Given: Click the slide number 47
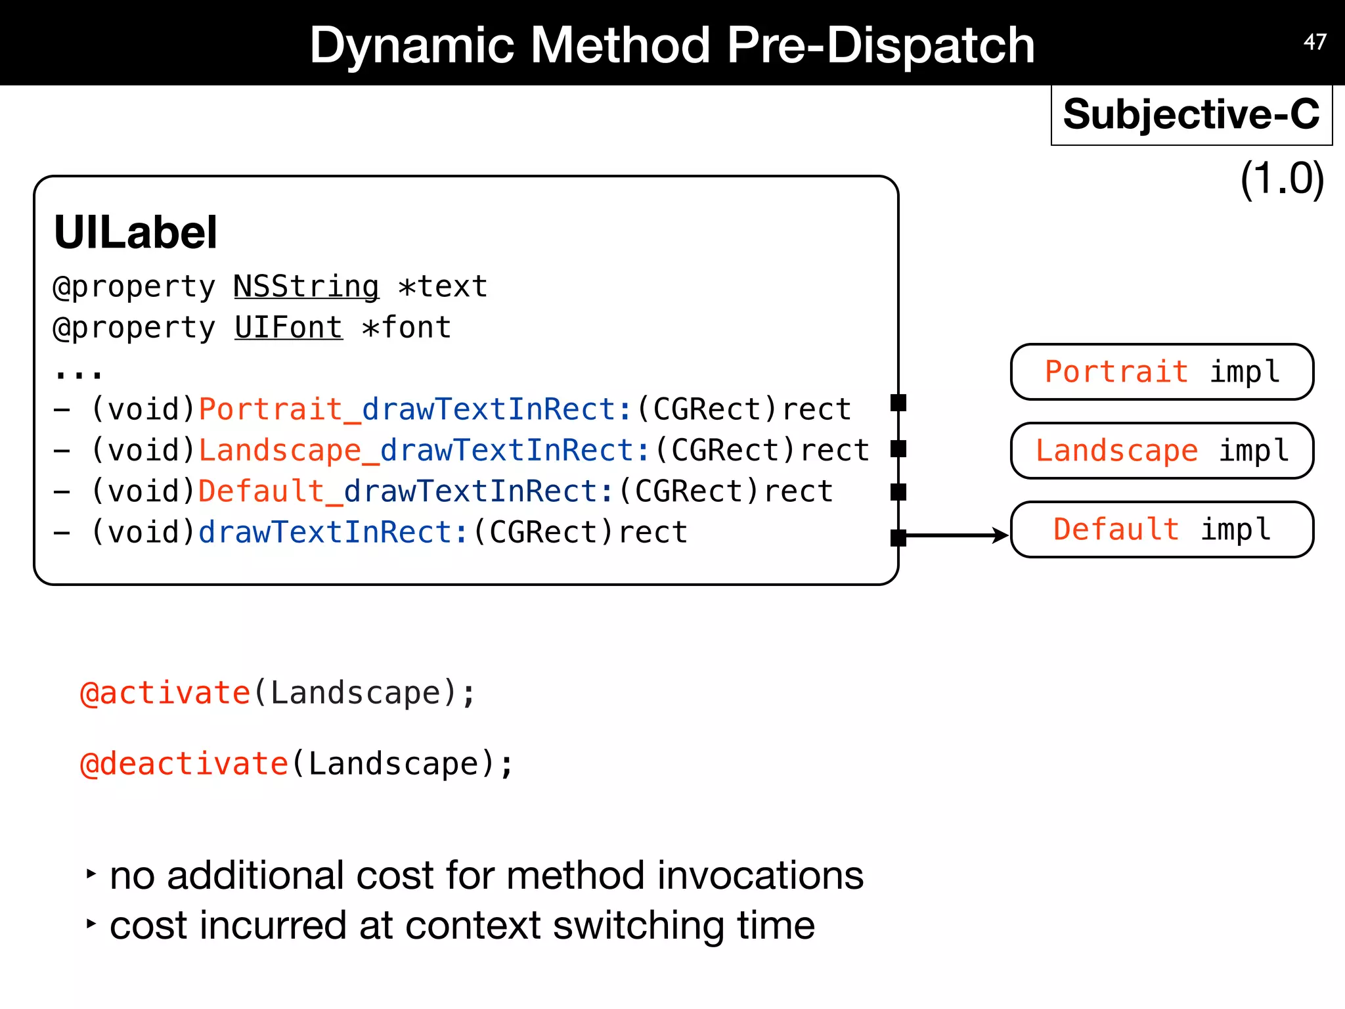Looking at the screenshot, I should (x=1315, y=42).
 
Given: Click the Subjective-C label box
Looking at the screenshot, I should (x=1191, y=114).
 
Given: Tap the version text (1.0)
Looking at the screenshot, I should (x=1281, y=179).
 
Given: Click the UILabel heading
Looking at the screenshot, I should (x=135, y=233).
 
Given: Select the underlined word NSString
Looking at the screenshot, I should (x=306, y=287).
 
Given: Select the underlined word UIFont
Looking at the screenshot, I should (x=288, y=328).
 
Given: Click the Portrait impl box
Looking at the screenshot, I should (x=1162, y=372).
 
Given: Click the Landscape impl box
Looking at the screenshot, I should (x=1162, y=451).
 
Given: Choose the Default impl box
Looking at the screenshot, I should (x=1162, y=529).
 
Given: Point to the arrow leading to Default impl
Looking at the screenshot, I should (x=956, y=535).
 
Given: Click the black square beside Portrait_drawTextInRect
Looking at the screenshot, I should (x=898, y=403).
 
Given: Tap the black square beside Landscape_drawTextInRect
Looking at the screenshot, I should (x=898, y=449).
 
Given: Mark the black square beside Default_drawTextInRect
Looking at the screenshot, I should (x=898, y=492).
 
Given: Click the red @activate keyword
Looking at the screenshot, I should (x=165, y=694).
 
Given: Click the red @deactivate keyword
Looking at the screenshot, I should (x=184, y=764).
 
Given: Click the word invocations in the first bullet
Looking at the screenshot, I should (x=760, y=876).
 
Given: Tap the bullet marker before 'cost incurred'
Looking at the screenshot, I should (x=91, y=924).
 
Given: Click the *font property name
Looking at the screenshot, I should (x=407, y=328).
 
